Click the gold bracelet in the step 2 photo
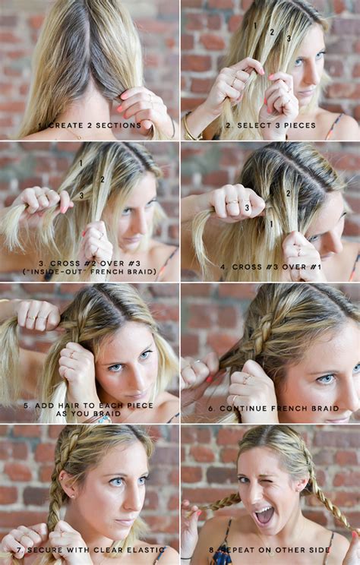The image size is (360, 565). click(x=188, y=125)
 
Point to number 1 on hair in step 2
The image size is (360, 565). click(x=254, y=27)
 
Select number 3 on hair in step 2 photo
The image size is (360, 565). click(x=288, y=38)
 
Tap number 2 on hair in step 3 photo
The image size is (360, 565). click(x=102, y=180)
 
